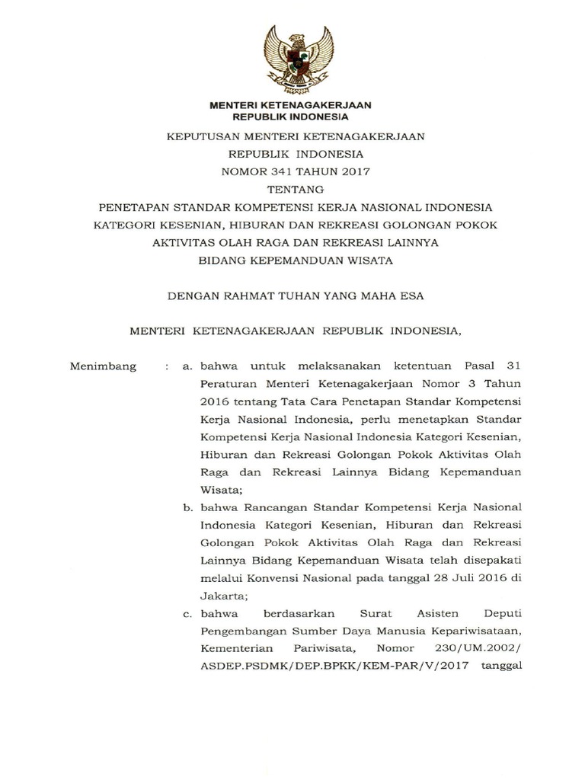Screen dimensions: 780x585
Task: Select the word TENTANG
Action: (292, 189)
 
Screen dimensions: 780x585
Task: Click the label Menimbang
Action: (103, 366)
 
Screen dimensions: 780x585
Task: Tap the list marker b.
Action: (187, 507)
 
